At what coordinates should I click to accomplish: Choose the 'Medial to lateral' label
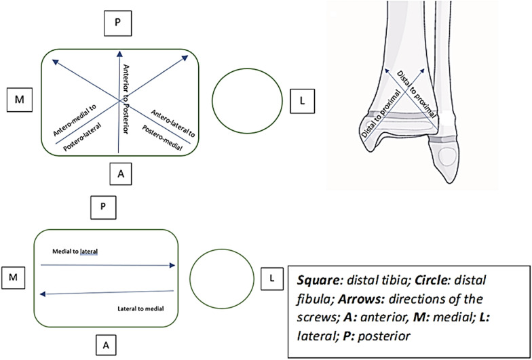click(75, 252)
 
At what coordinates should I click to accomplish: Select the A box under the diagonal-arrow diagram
click(121, 174)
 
